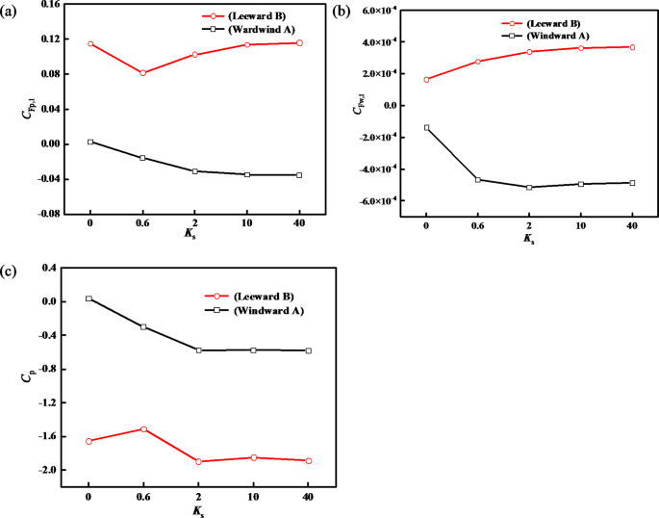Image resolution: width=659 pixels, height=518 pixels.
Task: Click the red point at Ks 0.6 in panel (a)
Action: point(142,73)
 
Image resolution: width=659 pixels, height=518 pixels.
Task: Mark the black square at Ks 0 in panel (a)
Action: point(90,142)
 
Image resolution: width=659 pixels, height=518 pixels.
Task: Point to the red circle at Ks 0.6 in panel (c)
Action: point(143,428)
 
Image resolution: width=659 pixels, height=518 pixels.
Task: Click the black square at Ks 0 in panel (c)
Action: point(89,298)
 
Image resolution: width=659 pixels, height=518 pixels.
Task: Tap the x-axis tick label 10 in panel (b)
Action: point(580,225)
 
